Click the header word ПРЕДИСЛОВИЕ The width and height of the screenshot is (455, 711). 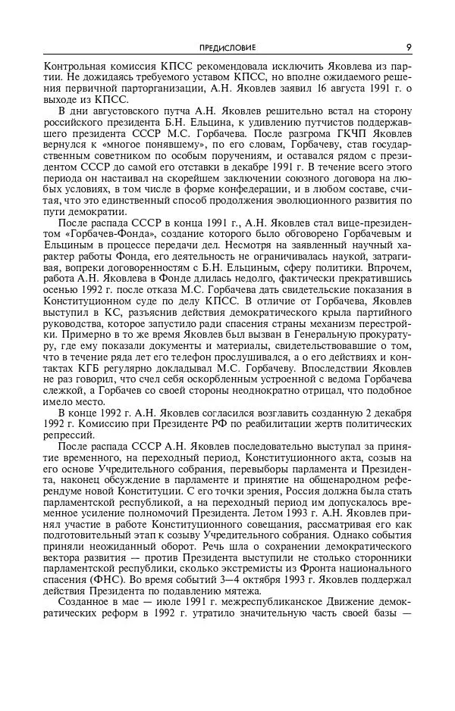click(227, 47)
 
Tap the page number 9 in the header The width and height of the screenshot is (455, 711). click(409, 47)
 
